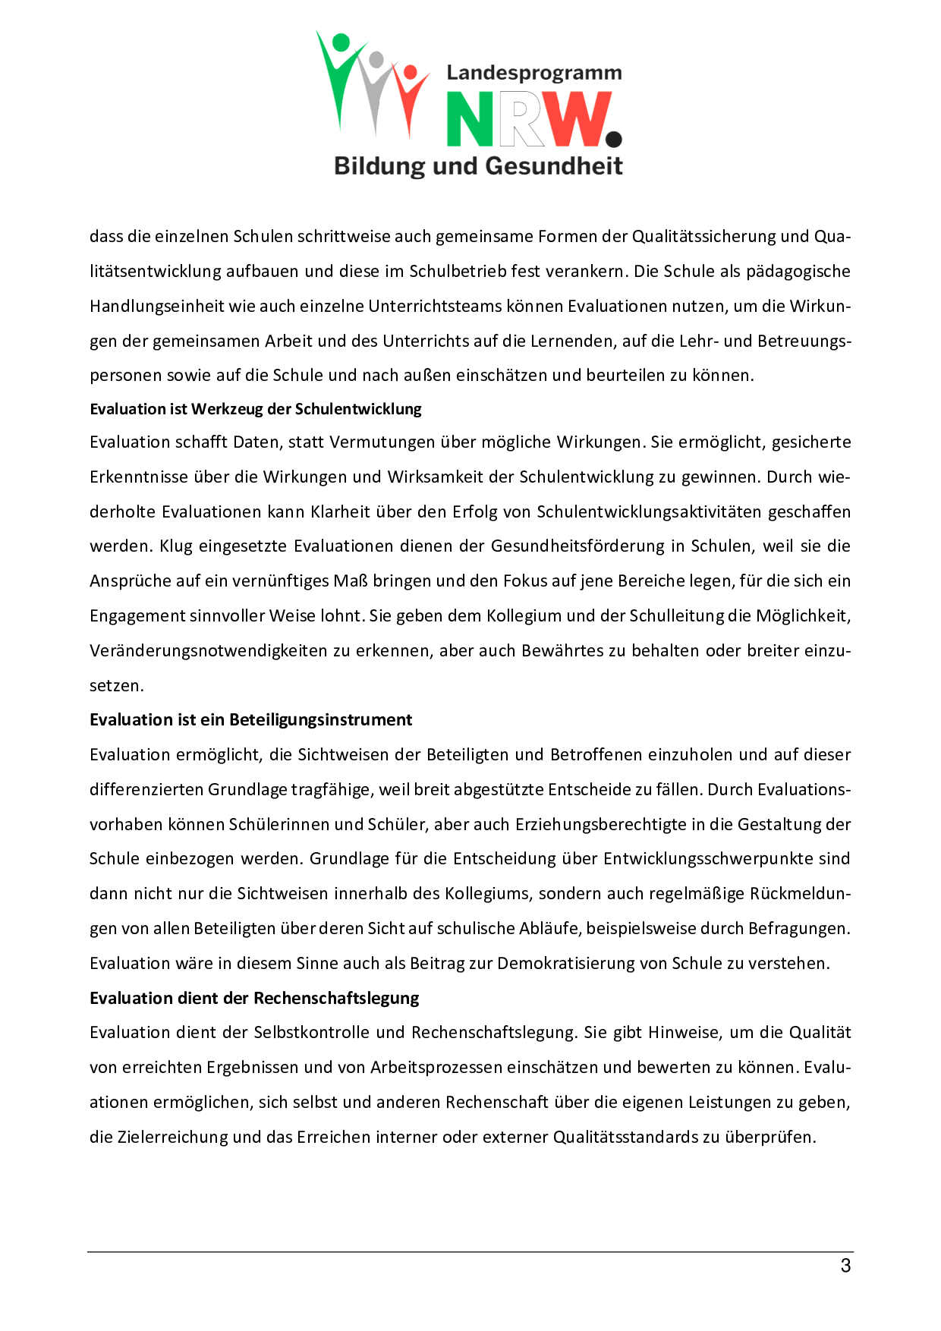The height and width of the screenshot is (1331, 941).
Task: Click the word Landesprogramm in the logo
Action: click(x=533, y=73)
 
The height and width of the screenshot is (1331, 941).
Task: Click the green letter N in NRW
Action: click(x=470, y=119)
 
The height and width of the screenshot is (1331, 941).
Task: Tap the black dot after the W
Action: click(x=614, y=139)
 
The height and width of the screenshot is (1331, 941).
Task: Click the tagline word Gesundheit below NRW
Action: click(x=554, y=166)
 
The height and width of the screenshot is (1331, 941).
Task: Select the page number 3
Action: click(x=845, y=1266)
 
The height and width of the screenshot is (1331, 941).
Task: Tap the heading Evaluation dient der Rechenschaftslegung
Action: click(x=254, y=998)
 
